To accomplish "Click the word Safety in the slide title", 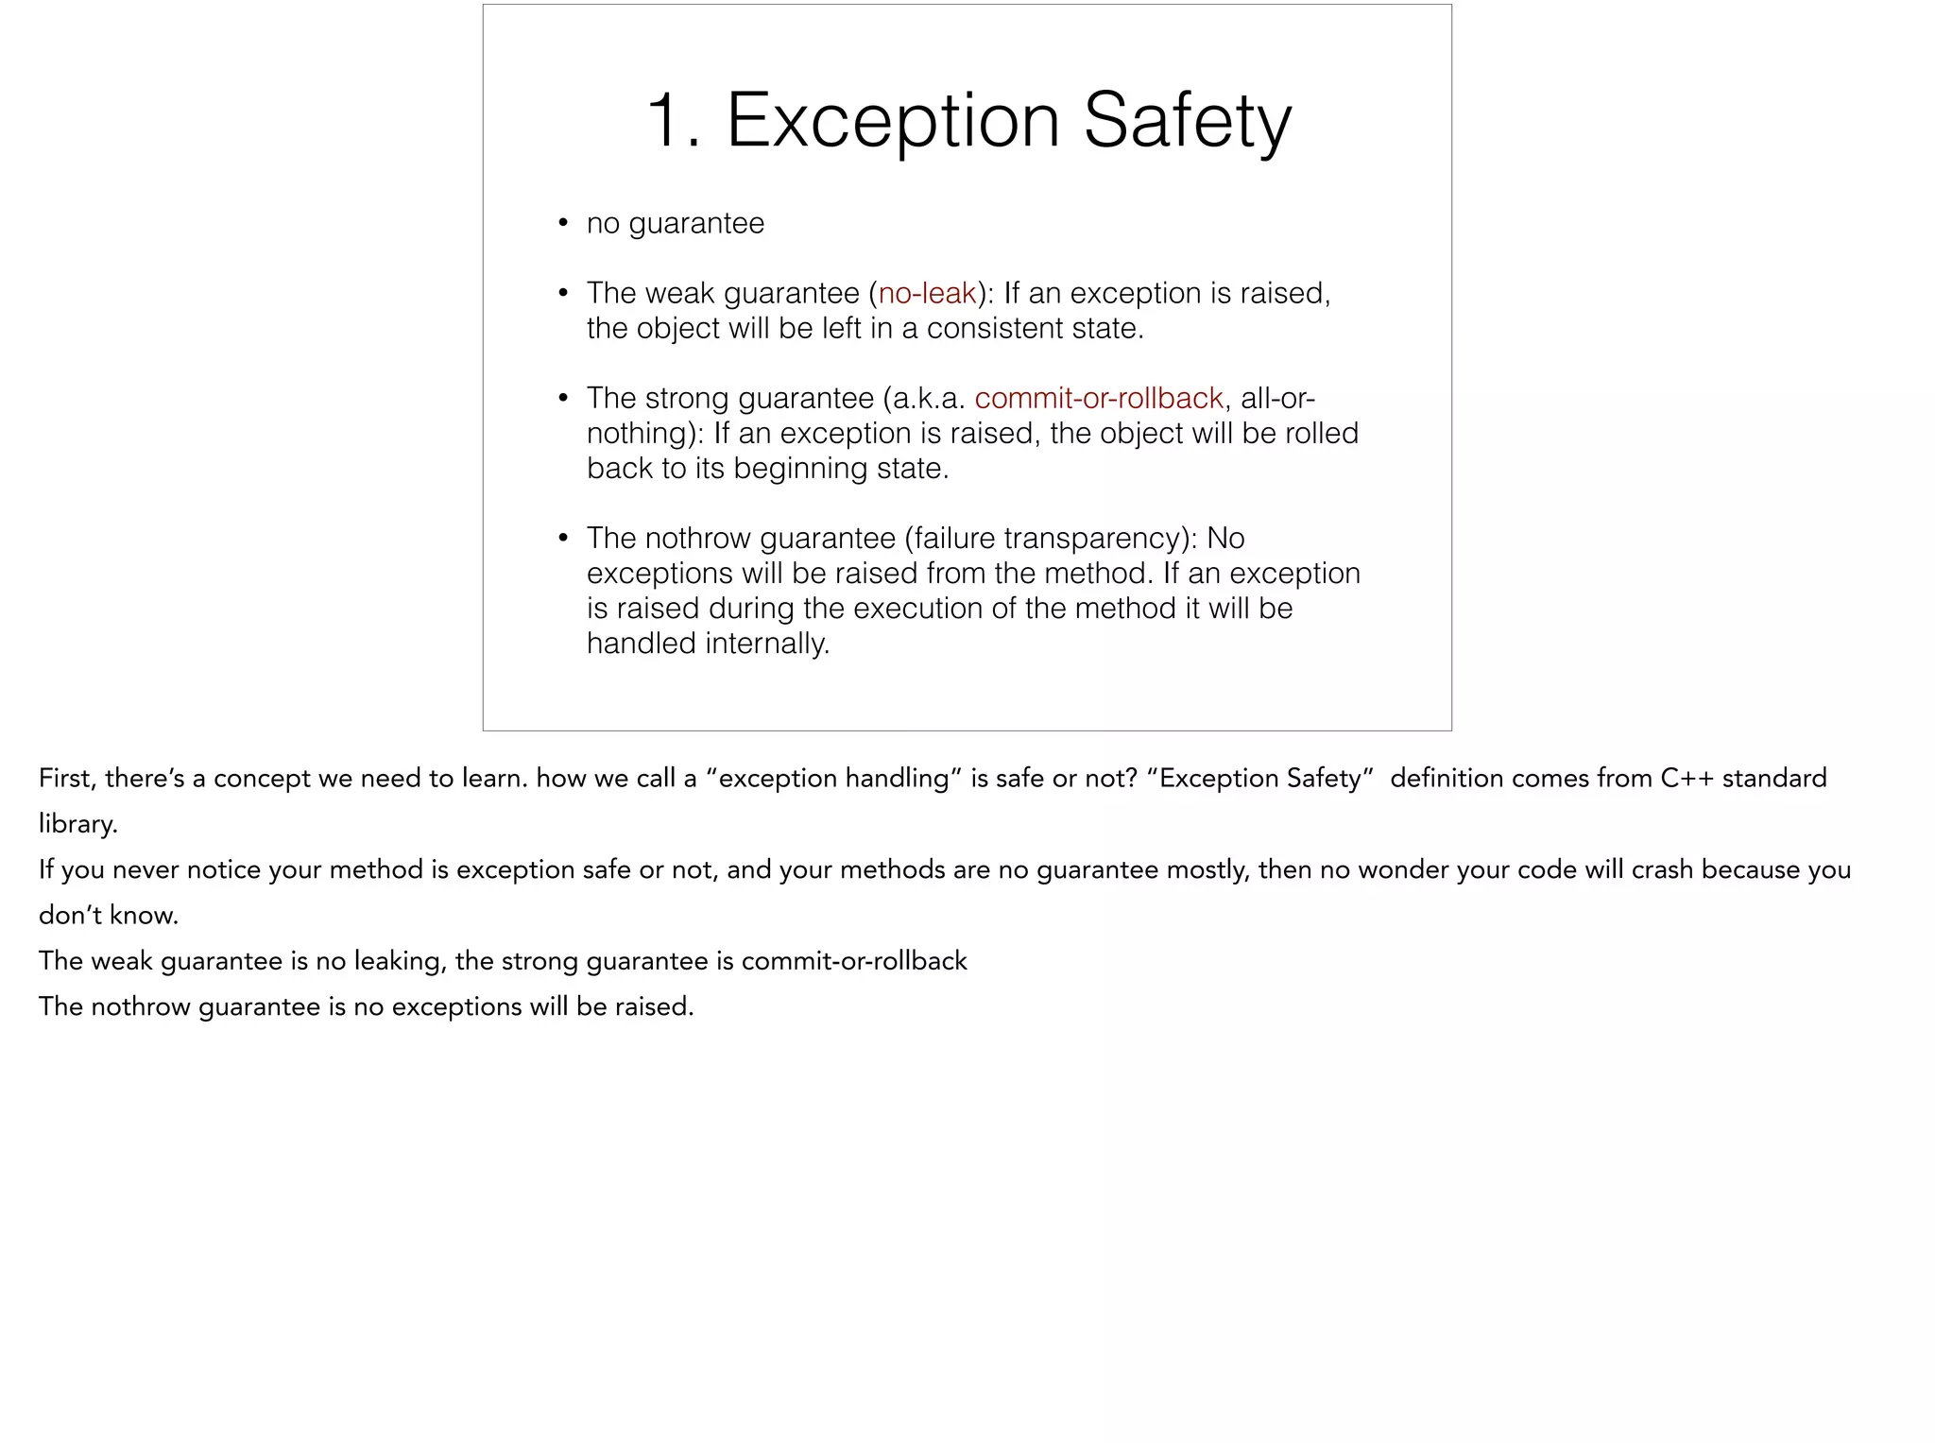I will tap(1187, 121).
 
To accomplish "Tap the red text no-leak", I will tap(927, 293).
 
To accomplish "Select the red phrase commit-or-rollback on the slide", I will tap(1099, 398).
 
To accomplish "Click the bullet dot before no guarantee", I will tap(563, 224).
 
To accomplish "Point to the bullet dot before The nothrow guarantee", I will tap(563, 539).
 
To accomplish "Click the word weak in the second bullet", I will tap(679, 293).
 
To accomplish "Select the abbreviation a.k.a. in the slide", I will tap(928, 398).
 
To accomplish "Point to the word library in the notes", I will tap(77, 824).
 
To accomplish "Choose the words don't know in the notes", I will tap(108, 915).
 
